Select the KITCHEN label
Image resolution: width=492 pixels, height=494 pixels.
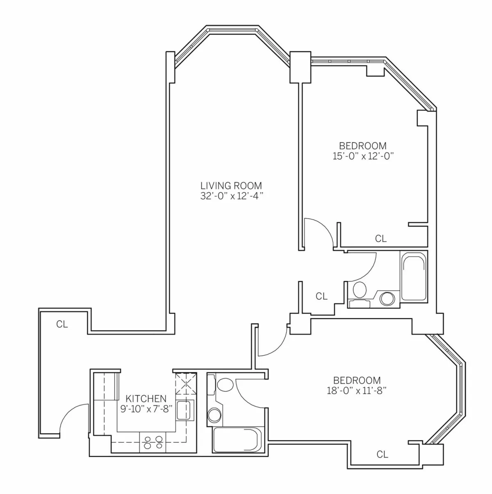(x=146, y=398)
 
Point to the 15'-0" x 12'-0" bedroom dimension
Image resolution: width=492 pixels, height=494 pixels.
(x=362, y=156)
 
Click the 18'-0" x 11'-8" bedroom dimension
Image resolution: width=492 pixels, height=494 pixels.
(x=357, y=391)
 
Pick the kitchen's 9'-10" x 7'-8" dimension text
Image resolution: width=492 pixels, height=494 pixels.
(x=146, y=409)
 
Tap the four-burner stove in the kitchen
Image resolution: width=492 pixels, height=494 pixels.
(x=153, y=442)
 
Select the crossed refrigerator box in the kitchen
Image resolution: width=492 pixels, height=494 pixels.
(x=186, y=384)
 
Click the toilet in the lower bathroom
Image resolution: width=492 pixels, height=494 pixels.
(x=224, y=385)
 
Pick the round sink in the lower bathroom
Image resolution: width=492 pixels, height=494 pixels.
(x=214, y=415)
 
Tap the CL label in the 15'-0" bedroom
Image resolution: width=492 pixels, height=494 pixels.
(x=381, y=239)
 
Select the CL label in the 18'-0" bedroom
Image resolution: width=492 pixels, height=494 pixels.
(x=382, y=454)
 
